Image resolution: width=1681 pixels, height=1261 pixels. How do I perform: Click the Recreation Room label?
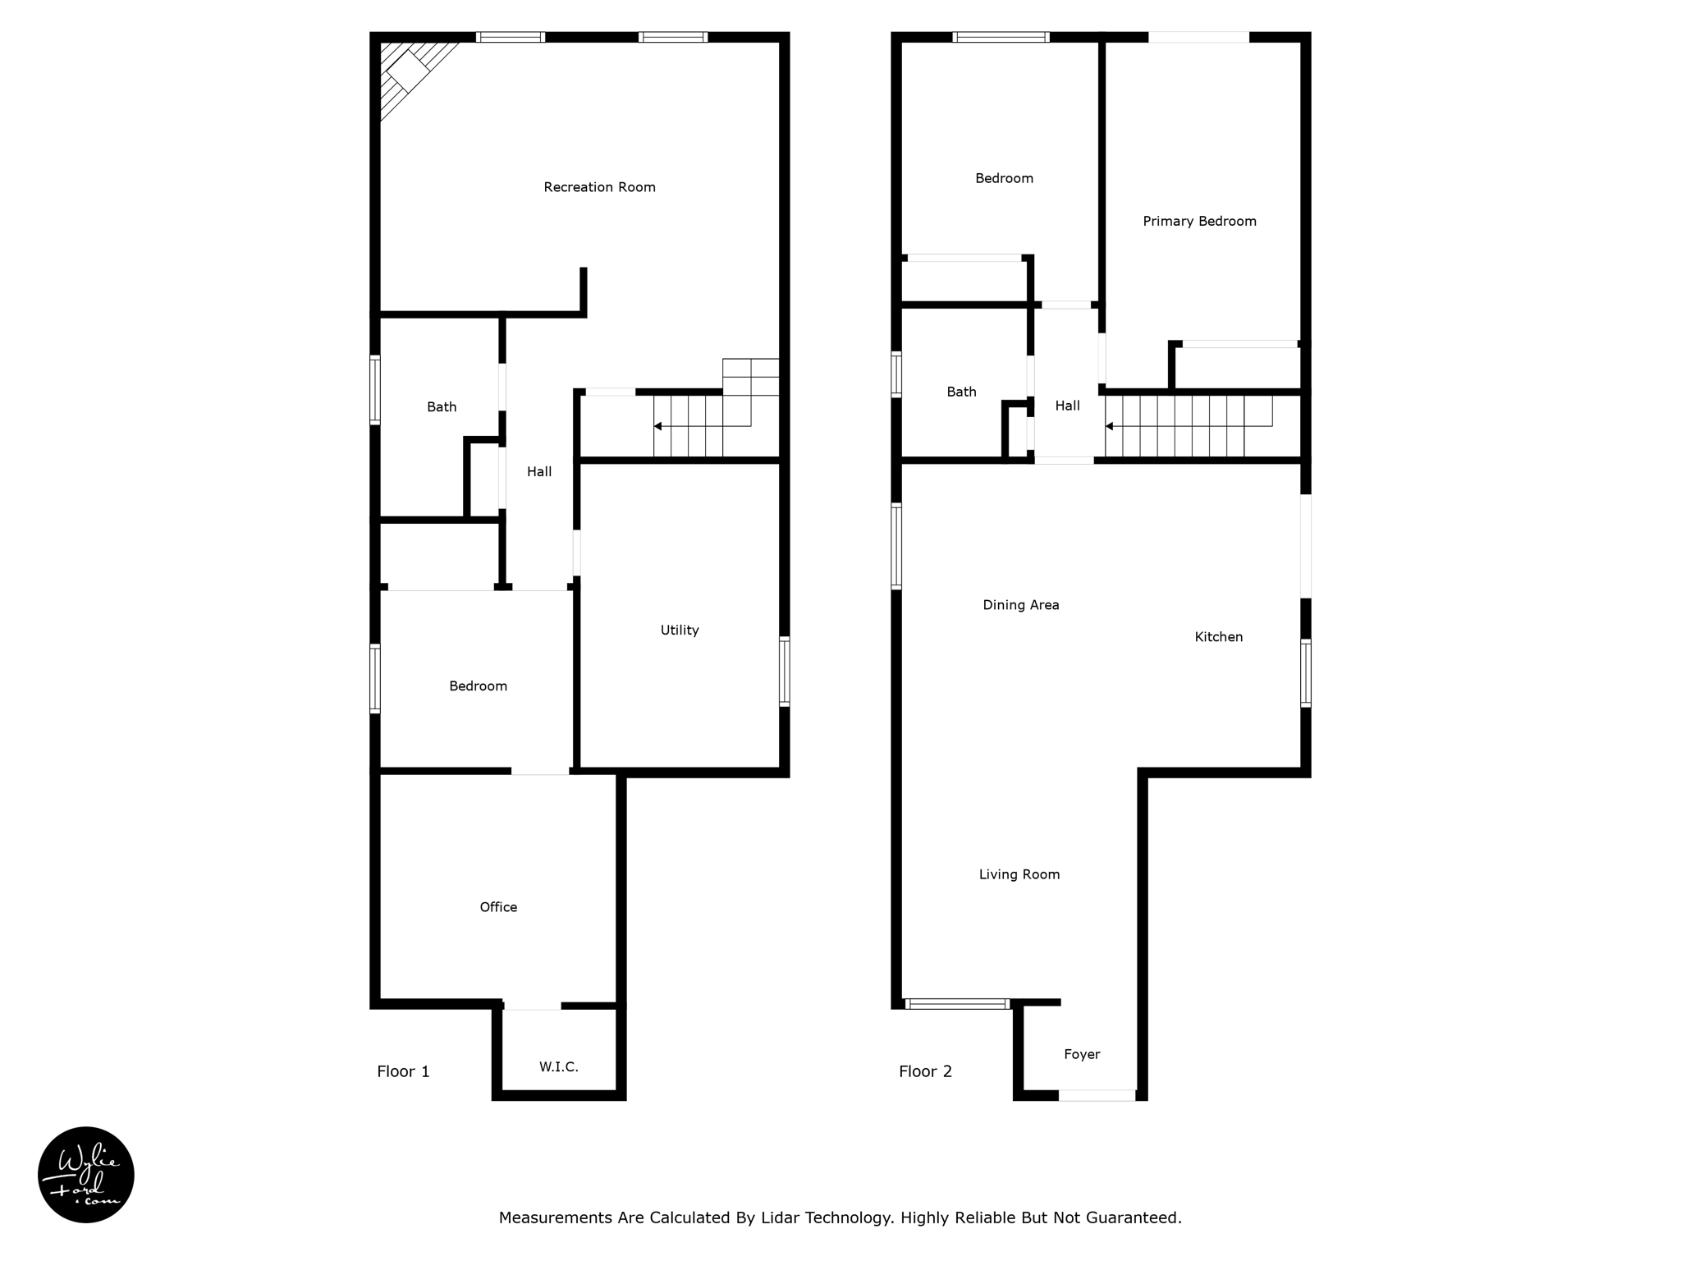[x=599, y=187]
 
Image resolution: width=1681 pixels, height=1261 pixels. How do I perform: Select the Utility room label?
[x=679, y=630]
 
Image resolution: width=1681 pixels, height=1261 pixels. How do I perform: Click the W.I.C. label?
[x=558, y=1067]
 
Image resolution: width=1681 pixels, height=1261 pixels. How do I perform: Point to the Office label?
[x=498, y=907]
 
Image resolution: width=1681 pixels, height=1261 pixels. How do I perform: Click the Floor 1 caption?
[x=403, y=1071]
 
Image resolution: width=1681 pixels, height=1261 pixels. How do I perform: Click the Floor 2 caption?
[x=925, y=1071]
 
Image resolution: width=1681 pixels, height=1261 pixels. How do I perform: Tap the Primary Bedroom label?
[x=1199, y=222]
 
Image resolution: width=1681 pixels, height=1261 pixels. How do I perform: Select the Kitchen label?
[x=1218, y=637]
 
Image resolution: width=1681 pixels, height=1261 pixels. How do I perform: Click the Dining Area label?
[x=1020, y=605]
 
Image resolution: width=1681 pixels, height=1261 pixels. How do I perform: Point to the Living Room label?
[x=1019, y=875]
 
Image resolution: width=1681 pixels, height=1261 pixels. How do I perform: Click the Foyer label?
[x=1081, y=1055]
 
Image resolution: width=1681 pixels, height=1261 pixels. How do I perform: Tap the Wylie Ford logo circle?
[x=86, y=1175]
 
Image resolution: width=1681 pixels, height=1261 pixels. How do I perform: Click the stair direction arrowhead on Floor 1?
[x=657, y=426]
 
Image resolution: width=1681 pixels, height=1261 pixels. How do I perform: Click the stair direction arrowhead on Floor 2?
[x=1109, y=426]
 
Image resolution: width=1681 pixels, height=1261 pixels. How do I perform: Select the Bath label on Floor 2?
[x=961, y=392]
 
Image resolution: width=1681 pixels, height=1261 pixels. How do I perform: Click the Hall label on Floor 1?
[x=539, y=472]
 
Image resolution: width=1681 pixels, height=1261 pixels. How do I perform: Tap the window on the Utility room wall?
[x=784, y=671]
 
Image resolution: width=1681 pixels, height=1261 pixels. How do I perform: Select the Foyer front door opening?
[x=1097, y=1095]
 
